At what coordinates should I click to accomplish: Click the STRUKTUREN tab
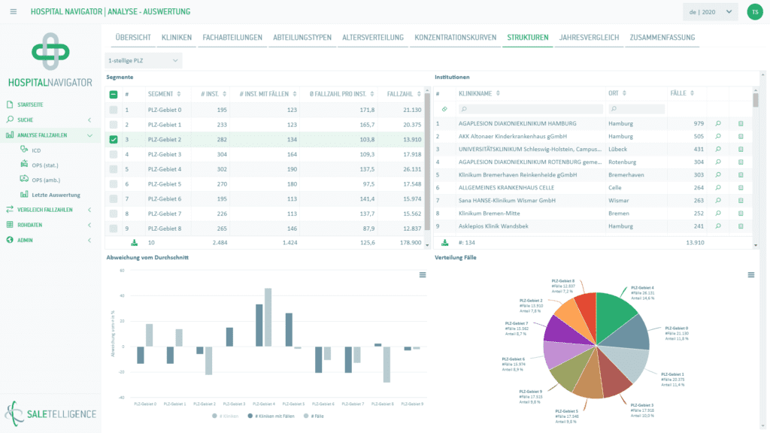point(527,37)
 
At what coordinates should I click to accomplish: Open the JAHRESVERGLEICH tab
point(589,37)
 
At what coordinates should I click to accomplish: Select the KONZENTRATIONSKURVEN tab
point(455,37)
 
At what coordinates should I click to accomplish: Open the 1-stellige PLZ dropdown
point(143,60)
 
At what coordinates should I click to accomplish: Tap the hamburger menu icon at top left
point(14,12)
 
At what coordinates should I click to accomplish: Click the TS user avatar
point(753,12)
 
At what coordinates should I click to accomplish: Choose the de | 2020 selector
point(709,12)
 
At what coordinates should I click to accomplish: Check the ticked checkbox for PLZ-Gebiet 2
point(113,139)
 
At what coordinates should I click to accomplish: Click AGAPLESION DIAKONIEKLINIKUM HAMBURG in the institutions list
point(517,123)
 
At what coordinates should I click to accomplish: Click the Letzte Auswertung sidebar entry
point(56,195)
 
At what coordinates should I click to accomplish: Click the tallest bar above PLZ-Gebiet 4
point(268,316)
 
